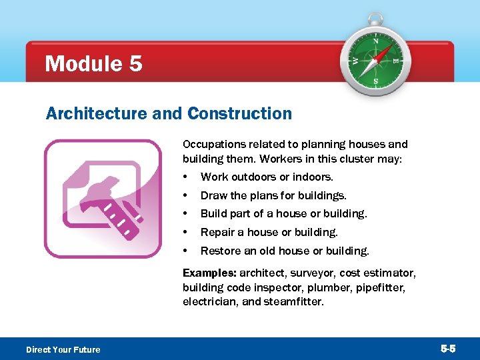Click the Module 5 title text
[93, 64]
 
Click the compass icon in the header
[375, 60]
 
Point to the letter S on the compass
[375, 81]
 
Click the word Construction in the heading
[239, 114]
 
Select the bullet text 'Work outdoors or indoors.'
[267, 177]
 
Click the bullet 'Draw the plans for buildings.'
[273, 195]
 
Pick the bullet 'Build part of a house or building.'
[283, 214]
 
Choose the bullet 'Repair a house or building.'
[269, 233]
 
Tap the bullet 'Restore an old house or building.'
[285, 251]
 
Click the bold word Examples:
[209, 273]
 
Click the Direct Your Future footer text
[63, 350]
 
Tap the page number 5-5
[448, 349]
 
